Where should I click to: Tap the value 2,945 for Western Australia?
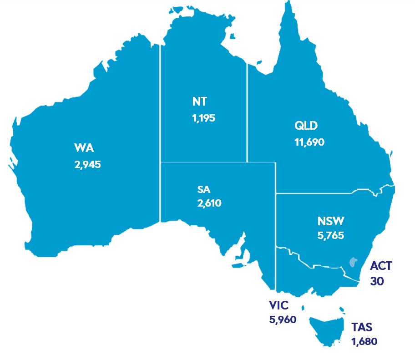(x=87, y=164)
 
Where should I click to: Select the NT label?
(x=199, y=101)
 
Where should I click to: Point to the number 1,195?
(x=203, y=118)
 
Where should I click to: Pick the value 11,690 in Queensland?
(x=309, y=142)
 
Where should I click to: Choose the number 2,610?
(x=209, y=203)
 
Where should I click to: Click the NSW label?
(x=331, y=222)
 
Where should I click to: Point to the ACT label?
(x=381, y=266)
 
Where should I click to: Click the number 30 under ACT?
(x=377, y=281)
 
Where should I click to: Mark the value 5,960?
(x=283, y=319)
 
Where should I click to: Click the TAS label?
(x=363, y=326)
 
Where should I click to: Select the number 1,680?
(x=364, y=340)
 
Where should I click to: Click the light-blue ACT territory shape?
(x=352, y=262)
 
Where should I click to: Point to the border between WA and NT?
(x=160, y=114)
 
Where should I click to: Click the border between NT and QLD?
(x=247, y=114)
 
